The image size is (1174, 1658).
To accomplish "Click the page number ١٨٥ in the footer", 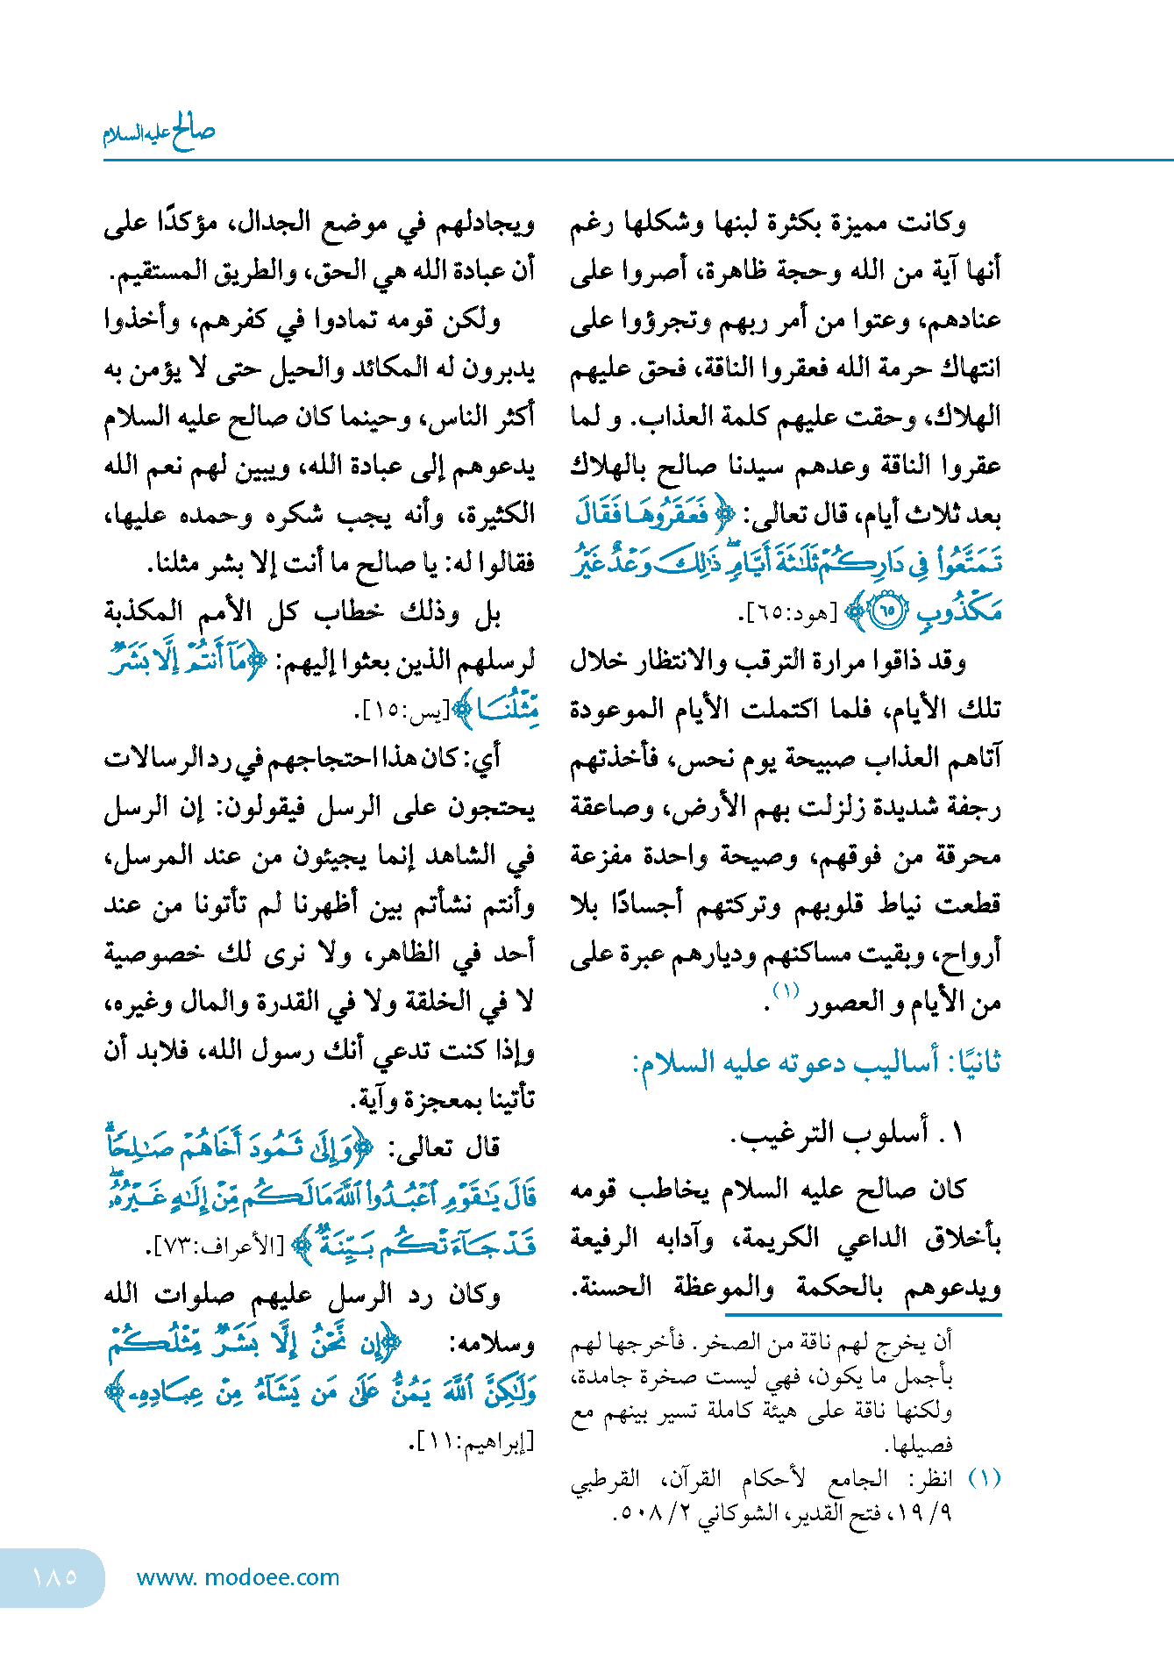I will coord(54,1576).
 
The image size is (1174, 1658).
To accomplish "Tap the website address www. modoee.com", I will coord(238,1577).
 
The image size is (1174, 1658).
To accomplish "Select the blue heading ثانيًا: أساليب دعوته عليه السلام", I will coord(816,1062).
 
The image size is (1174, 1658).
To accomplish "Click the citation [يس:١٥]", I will coord(402,711).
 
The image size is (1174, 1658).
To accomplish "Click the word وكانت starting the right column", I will coord(933,223).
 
